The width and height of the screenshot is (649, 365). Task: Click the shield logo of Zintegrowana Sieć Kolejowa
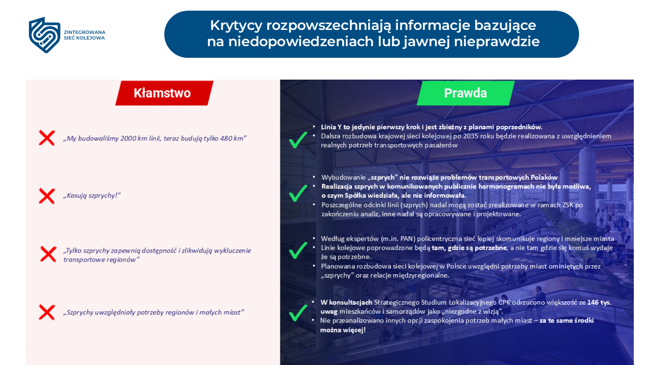coord(45,35)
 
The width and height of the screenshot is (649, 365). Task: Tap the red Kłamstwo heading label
coord(163,93)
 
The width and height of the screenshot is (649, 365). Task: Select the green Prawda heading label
coord(465,93)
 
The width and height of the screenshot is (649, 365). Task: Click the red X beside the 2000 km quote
coord(47,138)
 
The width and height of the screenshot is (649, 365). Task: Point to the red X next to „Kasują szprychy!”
coord(47,196)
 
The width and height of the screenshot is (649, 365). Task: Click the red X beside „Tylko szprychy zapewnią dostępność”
coord(48,254)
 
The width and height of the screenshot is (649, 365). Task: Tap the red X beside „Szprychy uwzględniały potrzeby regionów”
coord(47,312)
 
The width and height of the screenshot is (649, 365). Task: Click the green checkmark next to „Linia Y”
coord(298,140)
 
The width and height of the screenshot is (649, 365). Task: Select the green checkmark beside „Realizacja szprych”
coord(298,193)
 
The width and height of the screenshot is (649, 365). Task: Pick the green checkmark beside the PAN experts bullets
coord(298,250)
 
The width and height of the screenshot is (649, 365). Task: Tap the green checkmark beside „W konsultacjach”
coord(298,312)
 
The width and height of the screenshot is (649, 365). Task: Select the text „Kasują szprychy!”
coord(92,196)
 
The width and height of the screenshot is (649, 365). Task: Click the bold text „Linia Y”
coord(333,127)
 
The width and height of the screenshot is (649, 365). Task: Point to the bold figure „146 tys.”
coord(599,302)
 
